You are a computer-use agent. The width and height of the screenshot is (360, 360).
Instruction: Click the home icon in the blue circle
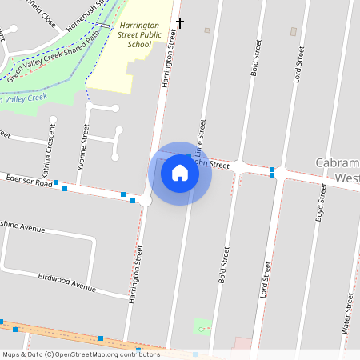click(180, 173)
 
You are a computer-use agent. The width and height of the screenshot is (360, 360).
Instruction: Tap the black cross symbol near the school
click(180, 23)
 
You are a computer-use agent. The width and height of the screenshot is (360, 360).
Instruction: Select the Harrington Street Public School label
click(142, 36)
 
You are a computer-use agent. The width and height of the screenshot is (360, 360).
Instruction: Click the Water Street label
click(348, 314)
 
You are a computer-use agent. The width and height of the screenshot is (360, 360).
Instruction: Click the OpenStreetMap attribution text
click(81, 354)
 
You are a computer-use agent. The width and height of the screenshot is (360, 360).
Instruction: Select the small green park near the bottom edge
click(203, 326)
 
